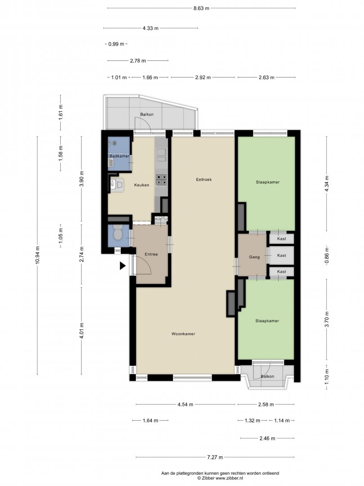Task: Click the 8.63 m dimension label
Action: point(201,9)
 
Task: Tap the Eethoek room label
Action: point(204,180)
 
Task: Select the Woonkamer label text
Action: point(183,334)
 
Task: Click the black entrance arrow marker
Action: point(123,265)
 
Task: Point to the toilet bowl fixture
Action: point(118,233)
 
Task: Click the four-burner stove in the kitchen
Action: point(161,180)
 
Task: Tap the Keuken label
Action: point(142,185)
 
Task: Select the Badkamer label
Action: point(120,156)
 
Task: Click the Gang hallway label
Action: point(254,257)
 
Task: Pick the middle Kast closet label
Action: point(282,256)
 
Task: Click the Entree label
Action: point(151,254)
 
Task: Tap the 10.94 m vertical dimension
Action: point(38,255)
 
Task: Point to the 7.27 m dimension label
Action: point(215,457)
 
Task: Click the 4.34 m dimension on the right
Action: point(327,184)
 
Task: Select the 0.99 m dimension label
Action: point(116,44)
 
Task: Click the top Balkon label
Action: point(146,114)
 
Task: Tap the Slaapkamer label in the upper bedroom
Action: point(268,182)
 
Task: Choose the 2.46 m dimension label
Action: point(267,438)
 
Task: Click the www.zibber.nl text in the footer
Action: point(229,478)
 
